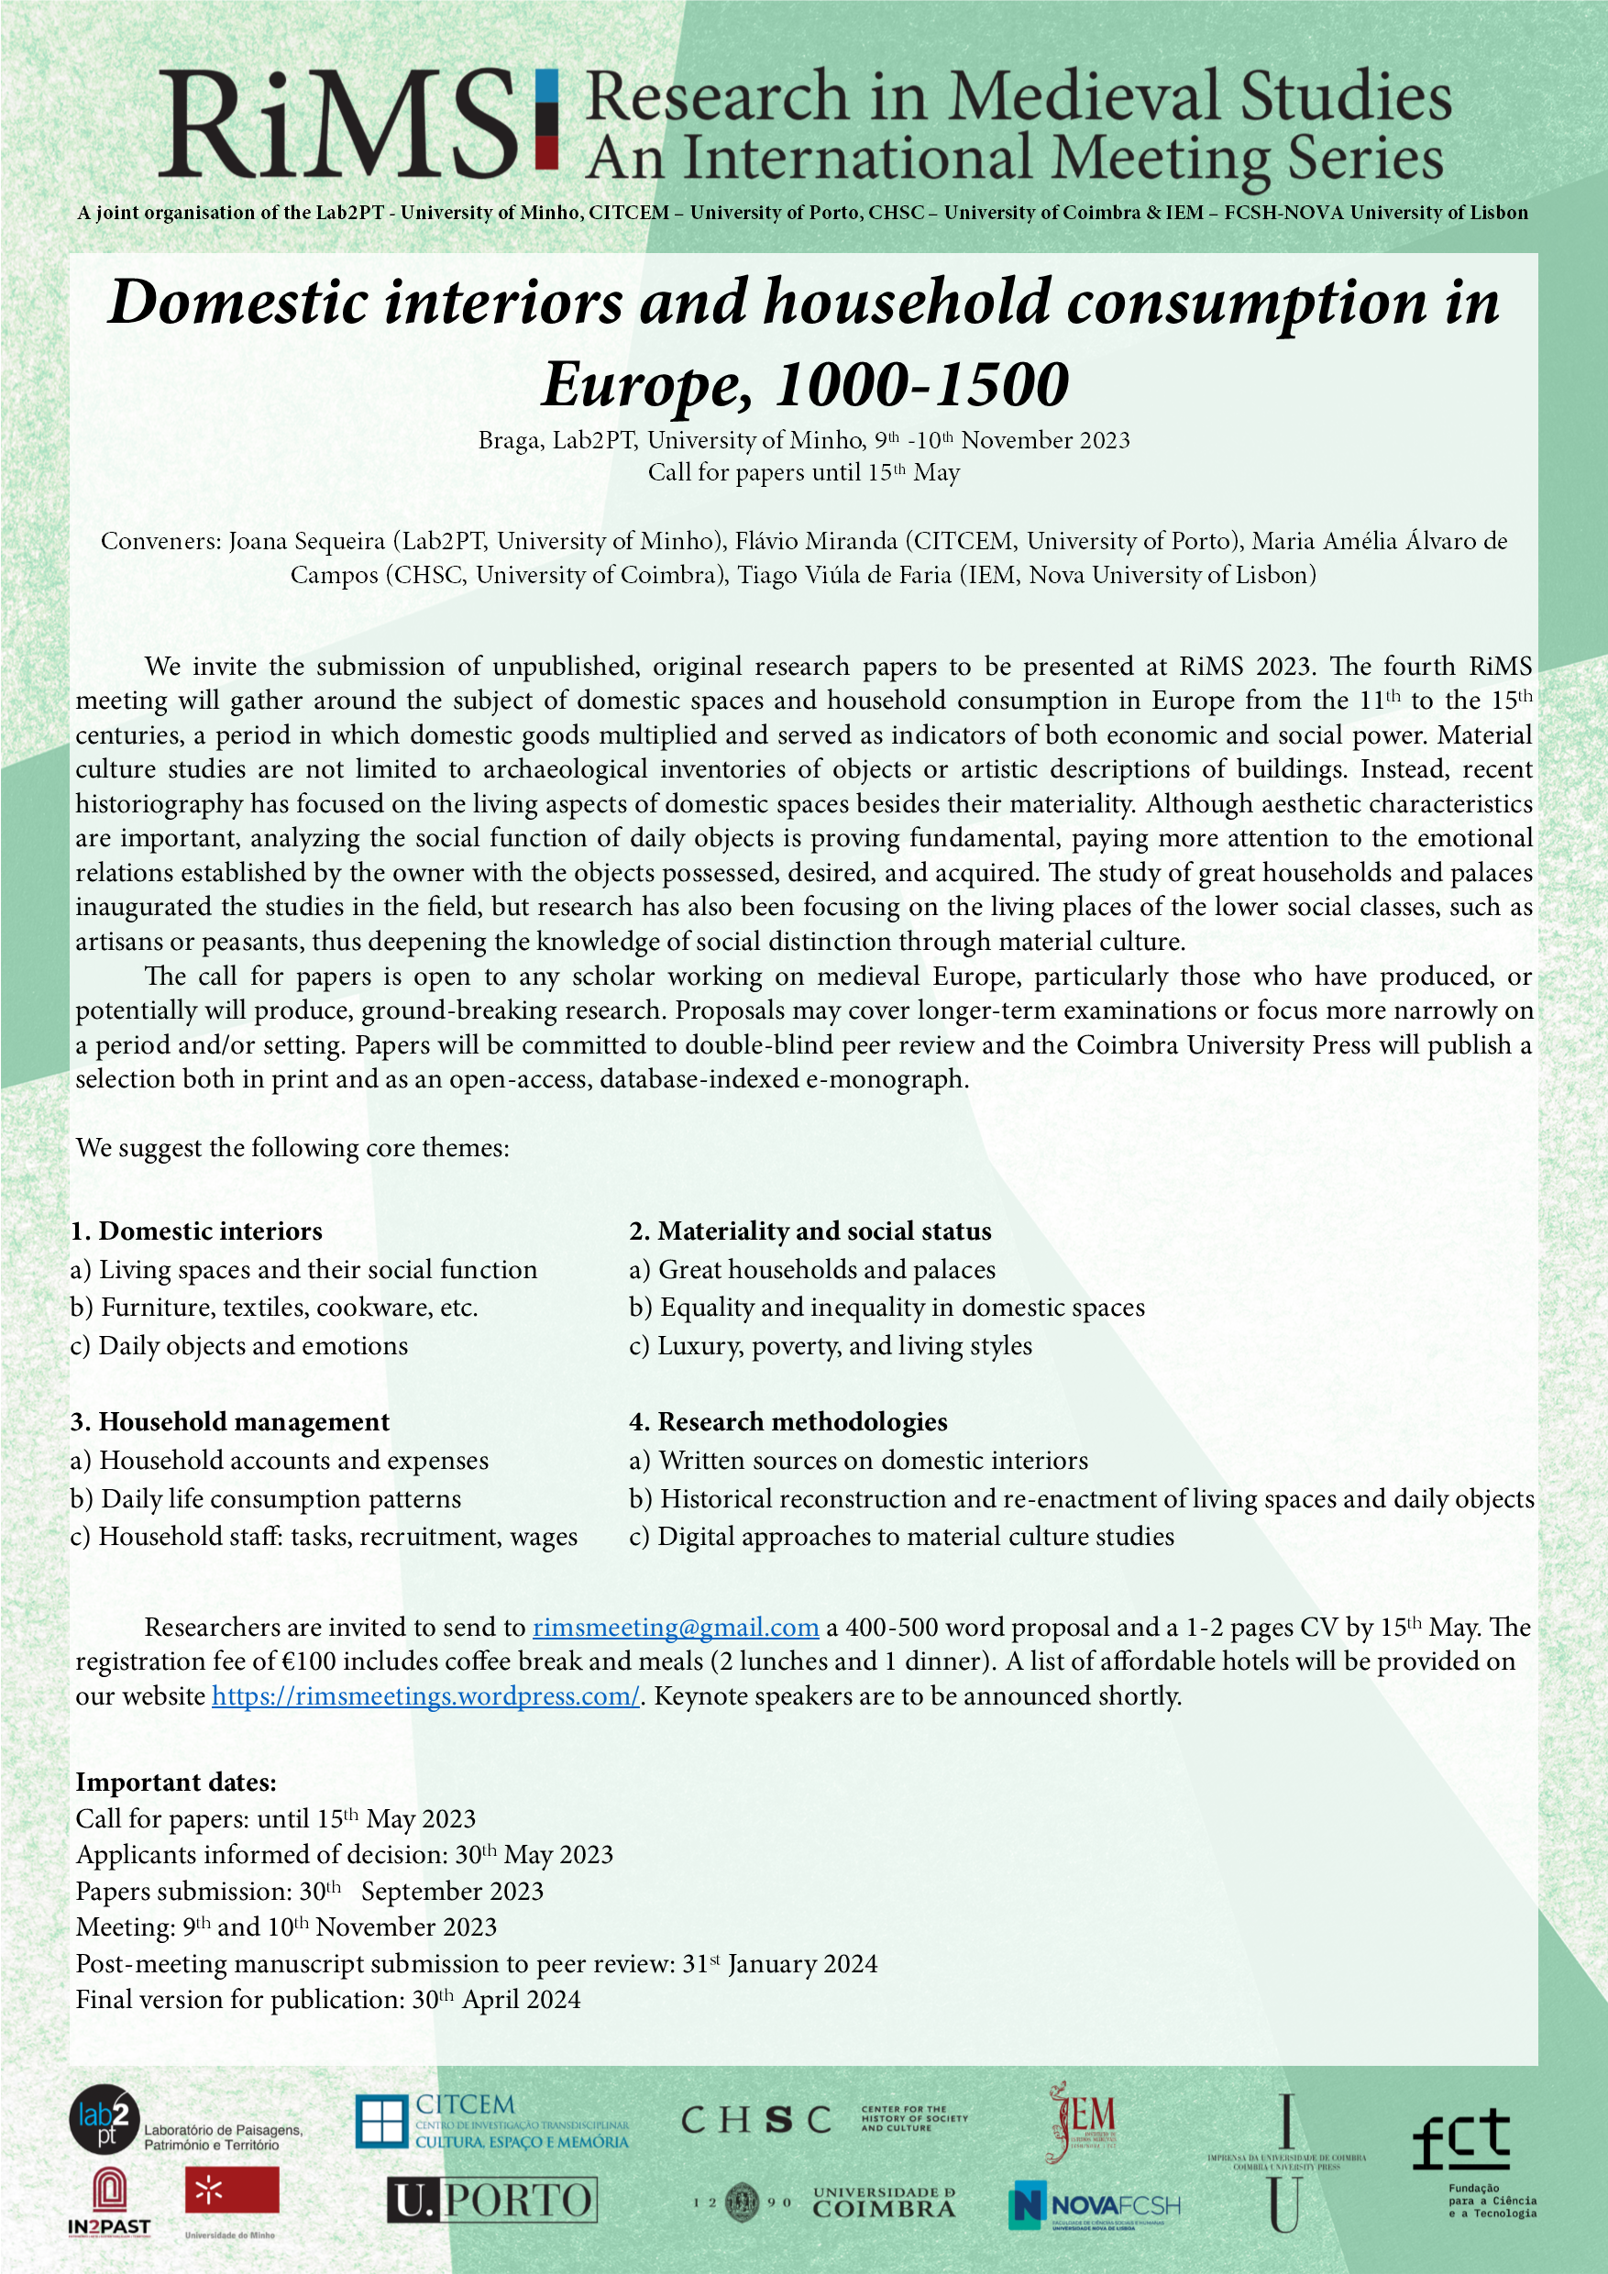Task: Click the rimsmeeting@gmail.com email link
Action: pyautogui.click(x=676, y=1628)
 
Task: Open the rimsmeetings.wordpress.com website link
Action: pyautogui.click(x=425, y=1695)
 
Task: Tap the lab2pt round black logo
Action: pyautogui.click(x=104, y=2121)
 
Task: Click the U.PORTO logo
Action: pyautogui.click(x=492, y=2201)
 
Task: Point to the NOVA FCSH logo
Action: pyautogui.click(x=1094, y=2205)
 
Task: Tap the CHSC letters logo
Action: pyautogui.click(x=755, y=2119)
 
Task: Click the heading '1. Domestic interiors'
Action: pyautogui.click(x=196, y=1231)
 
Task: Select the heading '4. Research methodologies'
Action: pyautogui.click(x=788, y=1422)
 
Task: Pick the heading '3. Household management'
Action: pyautogui.click(x=230, y=1422)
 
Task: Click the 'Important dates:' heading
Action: pyautogui.click(x=176, y=1782)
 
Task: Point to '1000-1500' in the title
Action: pyautogui.click(x=922, y=384)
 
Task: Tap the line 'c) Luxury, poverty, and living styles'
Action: pyautogui.click(x=831, y=1346)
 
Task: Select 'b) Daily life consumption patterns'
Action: pyautogui.click(x=265, y=1498)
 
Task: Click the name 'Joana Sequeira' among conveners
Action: pyautogui.click(x=307, y=541)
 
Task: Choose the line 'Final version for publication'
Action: pyautogui.click(x=327, y=1999)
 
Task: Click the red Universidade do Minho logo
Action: pyautogui.click(x=232, y=2190)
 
